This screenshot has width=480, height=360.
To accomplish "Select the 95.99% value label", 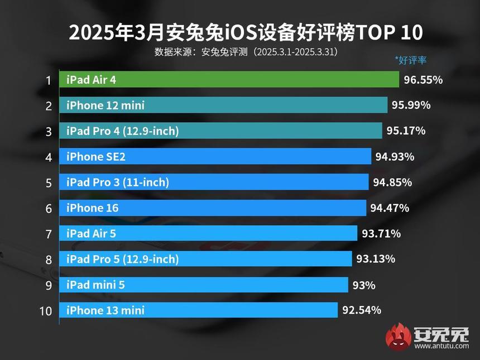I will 411,105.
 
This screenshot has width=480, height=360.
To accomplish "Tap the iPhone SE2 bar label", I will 95,157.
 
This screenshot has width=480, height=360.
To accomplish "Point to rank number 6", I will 49,208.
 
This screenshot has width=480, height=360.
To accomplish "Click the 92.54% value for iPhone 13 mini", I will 361,310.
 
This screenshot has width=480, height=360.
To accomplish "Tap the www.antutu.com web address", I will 441,346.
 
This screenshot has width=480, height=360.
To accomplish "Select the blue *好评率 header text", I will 410,60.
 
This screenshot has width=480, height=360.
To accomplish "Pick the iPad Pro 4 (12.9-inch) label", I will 122,131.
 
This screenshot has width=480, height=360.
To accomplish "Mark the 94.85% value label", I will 392,183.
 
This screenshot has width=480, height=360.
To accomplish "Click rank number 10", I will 46,311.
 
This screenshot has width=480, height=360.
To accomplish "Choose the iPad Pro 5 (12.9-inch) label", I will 122,260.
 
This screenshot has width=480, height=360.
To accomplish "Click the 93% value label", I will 364,285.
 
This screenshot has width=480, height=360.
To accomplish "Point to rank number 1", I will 49,80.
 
